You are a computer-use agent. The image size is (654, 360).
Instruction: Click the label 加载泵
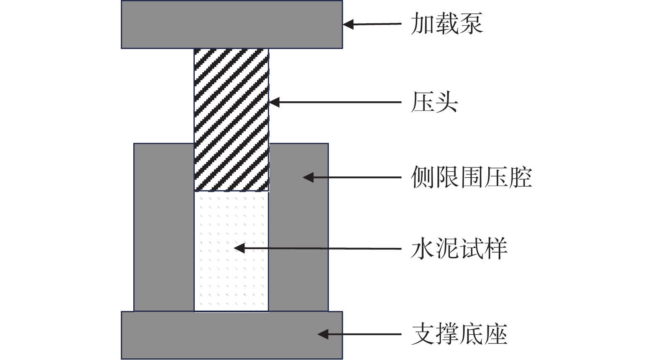click(447, 23)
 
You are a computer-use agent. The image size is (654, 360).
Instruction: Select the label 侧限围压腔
click(471, 177)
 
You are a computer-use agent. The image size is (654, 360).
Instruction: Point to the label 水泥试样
click(459, 249)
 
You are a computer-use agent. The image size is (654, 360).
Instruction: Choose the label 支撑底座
click(459, 334)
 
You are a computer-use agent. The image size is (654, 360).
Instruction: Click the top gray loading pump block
click(232, 24)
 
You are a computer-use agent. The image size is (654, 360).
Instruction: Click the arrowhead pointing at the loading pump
click(348, 24)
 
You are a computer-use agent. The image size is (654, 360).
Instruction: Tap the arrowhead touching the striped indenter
click(274, 102)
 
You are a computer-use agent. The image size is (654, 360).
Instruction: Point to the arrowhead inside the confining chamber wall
click(308, 178)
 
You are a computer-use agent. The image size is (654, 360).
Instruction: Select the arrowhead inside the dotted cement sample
click(239, 248)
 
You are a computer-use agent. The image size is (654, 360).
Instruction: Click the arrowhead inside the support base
click(323, 334)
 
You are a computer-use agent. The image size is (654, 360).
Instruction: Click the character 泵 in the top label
click(471, 23)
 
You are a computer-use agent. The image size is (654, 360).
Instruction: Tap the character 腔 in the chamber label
click(520, 177)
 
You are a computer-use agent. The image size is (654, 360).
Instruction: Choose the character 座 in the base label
click(496, 334)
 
